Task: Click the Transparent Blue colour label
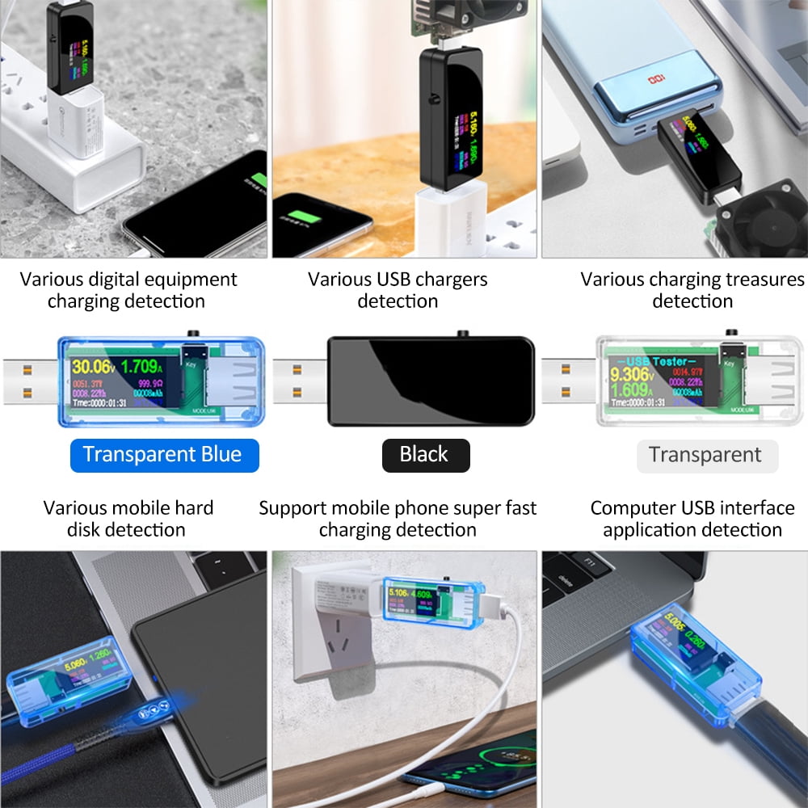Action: (x=162, y=455)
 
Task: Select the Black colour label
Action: (x=424, y=455)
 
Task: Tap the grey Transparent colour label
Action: (x=705, y=456)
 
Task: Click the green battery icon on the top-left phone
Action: (x=259, y=180)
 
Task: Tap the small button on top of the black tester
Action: (x=463, y=333)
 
